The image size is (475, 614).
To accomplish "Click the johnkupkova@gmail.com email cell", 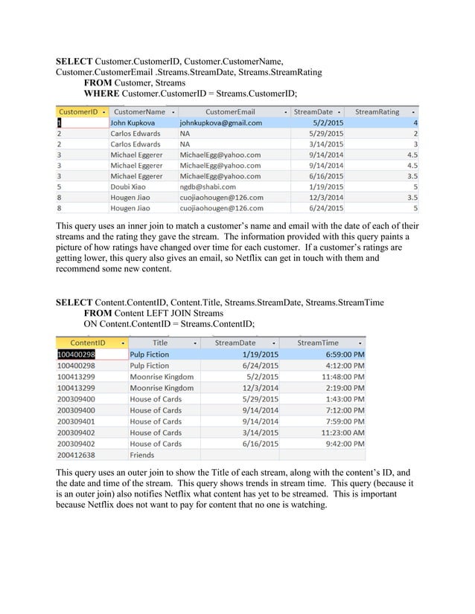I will pyautogui.click(x=221, y=123).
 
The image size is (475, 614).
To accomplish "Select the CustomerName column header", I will pyautogui.click(x=138, y=112).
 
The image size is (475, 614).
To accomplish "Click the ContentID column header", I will pyautogui.click(x=86, y=343).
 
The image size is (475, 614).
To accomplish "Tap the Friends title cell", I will pyautogui.click(x=142, y=455).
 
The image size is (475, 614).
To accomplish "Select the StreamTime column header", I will pyautogui.click(x=318, y=343).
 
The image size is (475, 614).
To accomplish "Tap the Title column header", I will pyautogui.click(x=160, y=343).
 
